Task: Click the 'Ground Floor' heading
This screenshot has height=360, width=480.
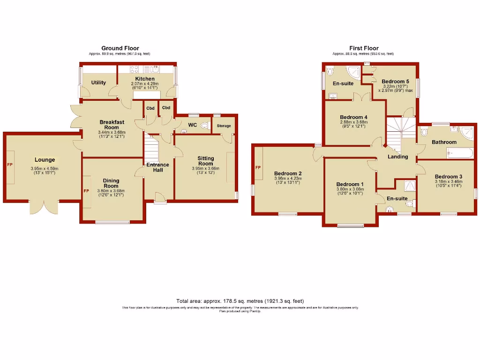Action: pos(120,48)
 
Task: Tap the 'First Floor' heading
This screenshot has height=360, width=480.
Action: pos(364,48)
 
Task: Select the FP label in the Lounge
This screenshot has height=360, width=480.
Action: pos(9,165)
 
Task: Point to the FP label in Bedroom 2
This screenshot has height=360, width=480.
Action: pos(257,167)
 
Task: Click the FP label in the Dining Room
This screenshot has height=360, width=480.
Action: pos(86,191)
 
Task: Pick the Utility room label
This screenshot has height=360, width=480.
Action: pos(98,82)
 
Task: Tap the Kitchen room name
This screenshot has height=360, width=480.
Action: pos(145,79)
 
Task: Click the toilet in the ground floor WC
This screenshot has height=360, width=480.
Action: pos(203,126)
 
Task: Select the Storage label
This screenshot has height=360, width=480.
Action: pos(224,126)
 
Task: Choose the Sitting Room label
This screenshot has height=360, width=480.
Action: pos(205,161)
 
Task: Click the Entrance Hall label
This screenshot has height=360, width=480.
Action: pos(157,167)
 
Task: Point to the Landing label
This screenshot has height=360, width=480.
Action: pos(397,157)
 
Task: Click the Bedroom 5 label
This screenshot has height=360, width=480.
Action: pos(395,81)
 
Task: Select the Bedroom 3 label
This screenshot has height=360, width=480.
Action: pos(448,177)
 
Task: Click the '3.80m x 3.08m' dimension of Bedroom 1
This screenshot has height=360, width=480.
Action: pos(350,189)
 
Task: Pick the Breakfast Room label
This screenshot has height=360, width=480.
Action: pos(112,125)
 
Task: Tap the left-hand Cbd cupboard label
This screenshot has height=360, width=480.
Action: pos(150,108)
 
